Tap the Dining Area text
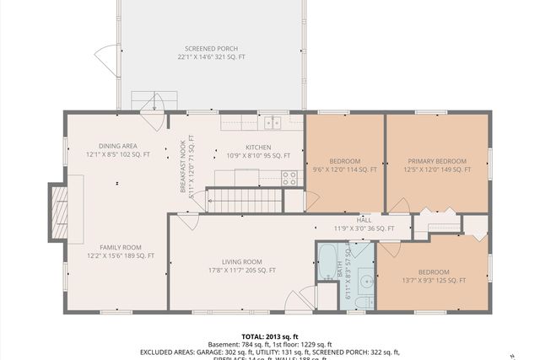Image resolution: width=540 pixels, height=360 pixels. point(117,145)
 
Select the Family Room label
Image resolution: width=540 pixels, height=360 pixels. point(121,247)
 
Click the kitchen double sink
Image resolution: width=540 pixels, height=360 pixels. point(272,123)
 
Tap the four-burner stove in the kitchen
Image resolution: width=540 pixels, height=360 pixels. point(289,178)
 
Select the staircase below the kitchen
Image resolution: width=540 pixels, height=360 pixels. point(244,201)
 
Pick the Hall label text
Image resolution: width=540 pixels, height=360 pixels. point(364,218)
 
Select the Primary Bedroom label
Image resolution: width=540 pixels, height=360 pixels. point(436,161)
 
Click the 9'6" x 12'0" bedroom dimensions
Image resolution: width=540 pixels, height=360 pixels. point(344,169)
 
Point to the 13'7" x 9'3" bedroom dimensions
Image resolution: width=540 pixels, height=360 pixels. point(433,281)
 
